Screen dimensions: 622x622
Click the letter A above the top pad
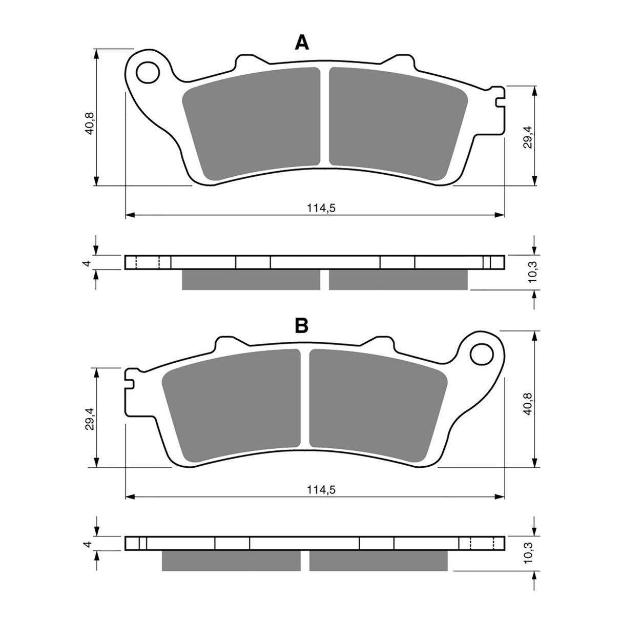302,43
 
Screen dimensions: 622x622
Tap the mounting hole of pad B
482,353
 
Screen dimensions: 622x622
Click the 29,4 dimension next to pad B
90,417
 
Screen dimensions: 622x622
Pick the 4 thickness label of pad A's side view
88,263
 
